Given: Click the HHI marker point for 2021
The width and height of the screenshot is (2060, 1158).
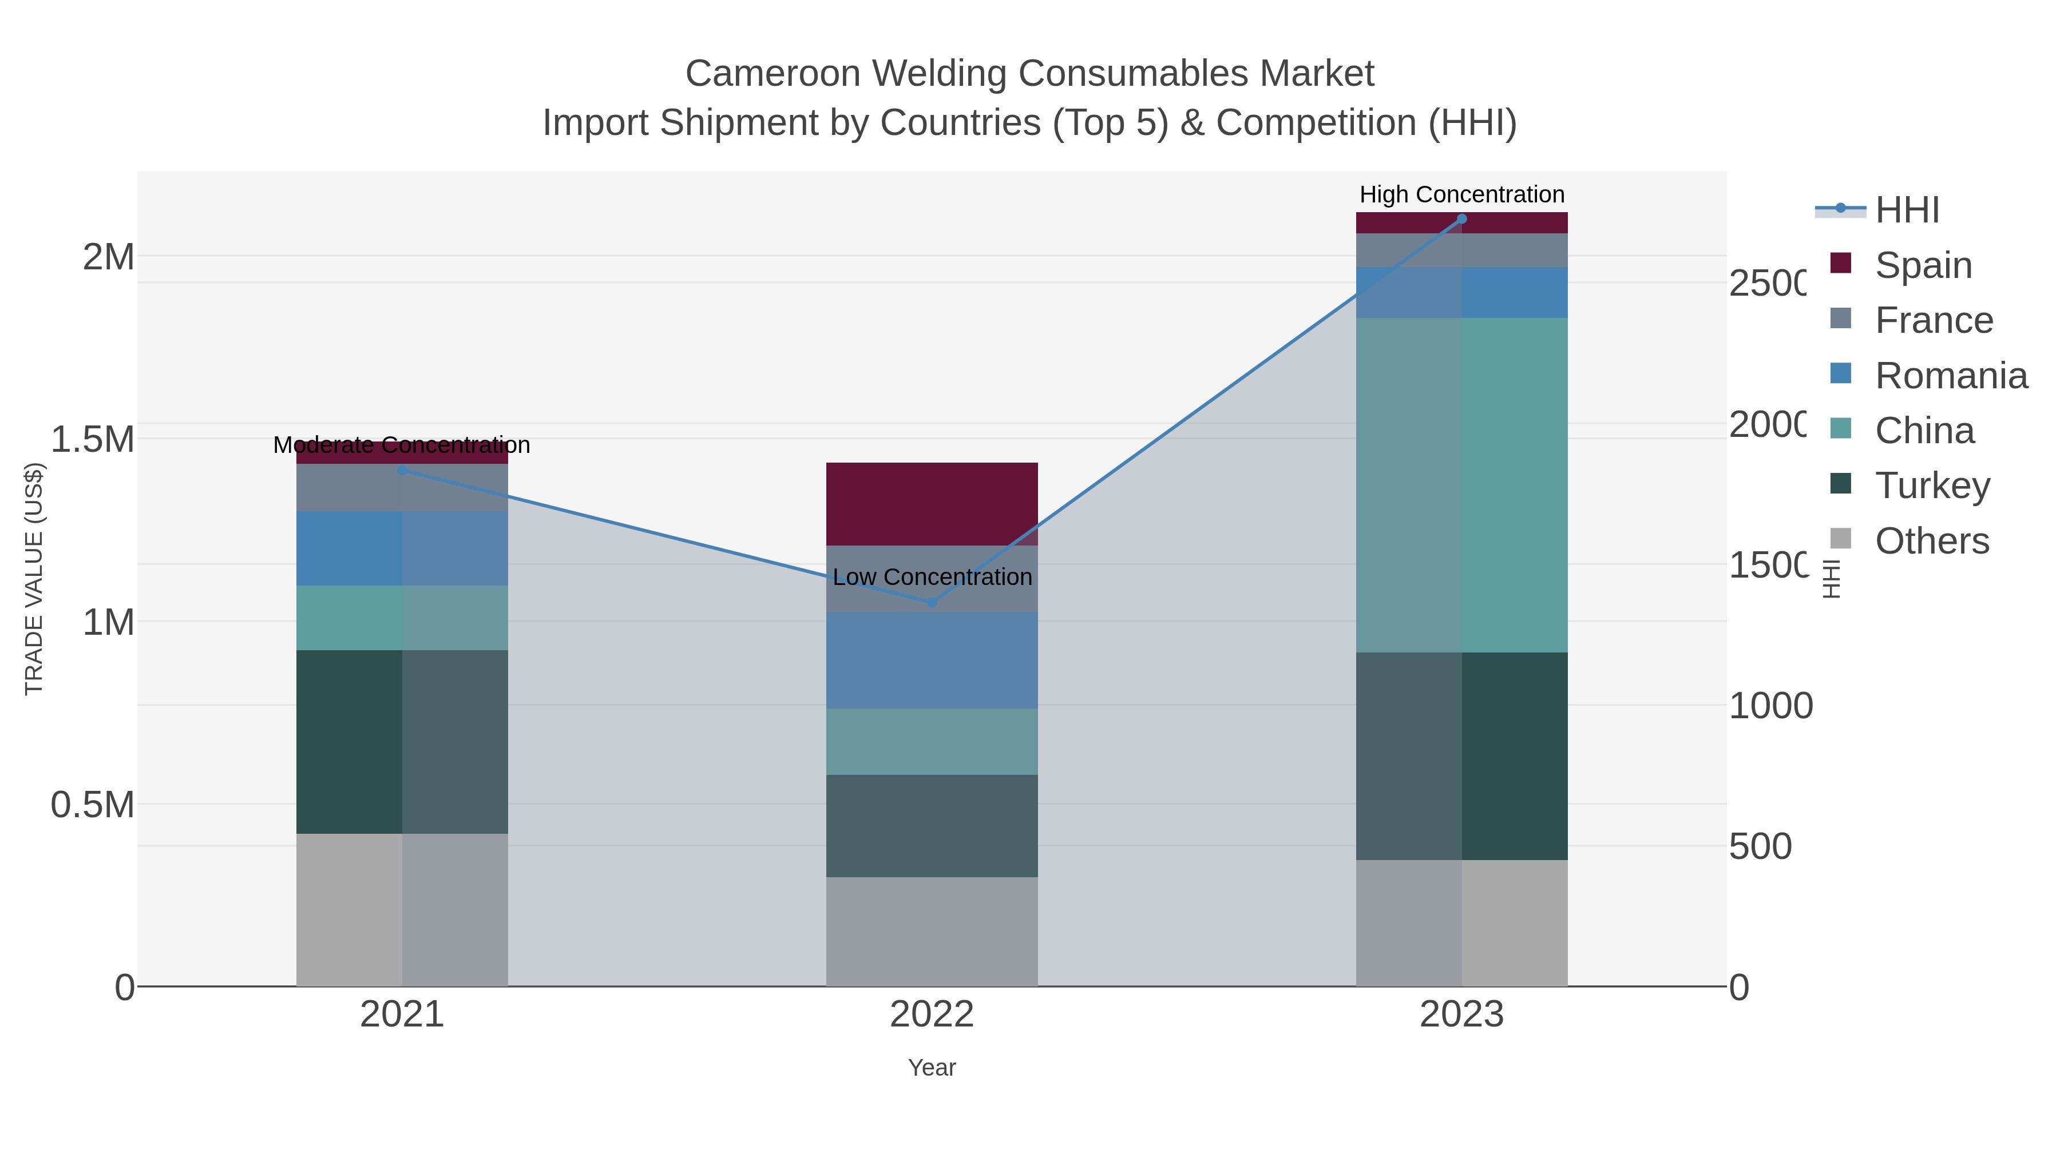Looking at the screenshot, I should click(402, 470).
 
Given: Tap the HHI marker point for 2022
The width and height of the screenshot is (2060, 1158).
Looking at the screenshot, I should click(932, 602).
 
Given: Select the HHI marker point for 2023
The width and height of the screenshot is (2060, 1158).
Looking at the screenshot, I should click(1462, 219).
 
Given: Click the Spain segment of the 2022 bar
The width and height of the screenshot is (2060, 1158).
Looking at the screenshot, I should click(932, 503).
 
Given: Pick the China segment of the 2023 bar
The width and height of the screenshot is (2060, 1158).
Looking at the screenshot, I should click(1462, 485).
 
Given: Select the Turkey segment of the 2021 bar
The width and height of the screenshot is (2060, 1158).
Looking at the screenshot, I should click(402, 742).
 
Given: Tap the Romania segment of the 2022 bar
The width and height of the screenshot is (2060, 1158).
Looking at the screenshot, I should click(932, 660).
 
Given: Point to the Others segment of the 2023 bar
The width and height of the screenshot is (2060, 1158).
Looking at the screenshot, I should click(1462, 922).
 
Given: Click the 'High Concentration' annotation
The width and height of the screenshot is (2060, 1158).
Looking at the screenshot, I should click(1462, 194).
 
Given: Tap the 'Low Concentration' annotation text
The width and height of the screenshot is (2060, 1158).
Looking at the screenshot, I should click(932, 577).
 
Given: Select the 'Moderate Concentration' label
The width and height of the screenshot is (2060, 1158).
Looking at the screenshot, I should click(402, 445).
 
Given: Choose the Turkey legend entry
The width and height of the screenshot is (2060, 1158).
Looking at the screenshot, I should click(1932, 485).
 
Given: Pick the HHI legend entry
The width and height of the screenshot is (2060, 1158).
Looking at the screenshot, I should click(1907, 210).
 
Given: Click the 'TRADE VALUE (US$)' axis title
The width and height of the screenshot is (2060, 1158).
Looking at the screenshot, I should click(34, 579).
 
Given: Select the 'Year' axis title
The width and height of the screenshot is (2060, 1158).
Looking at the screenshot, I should click(932, 1068).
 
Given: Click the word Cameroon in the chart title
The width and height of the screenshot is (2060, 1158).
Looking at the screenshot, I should click(766, 74).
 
